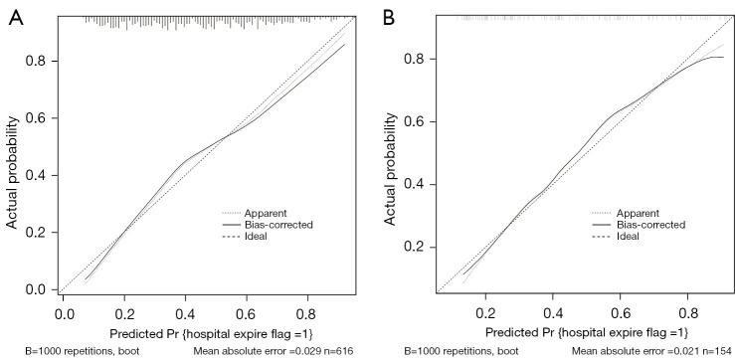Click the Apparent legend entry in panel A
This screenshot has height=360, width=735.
269,213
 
